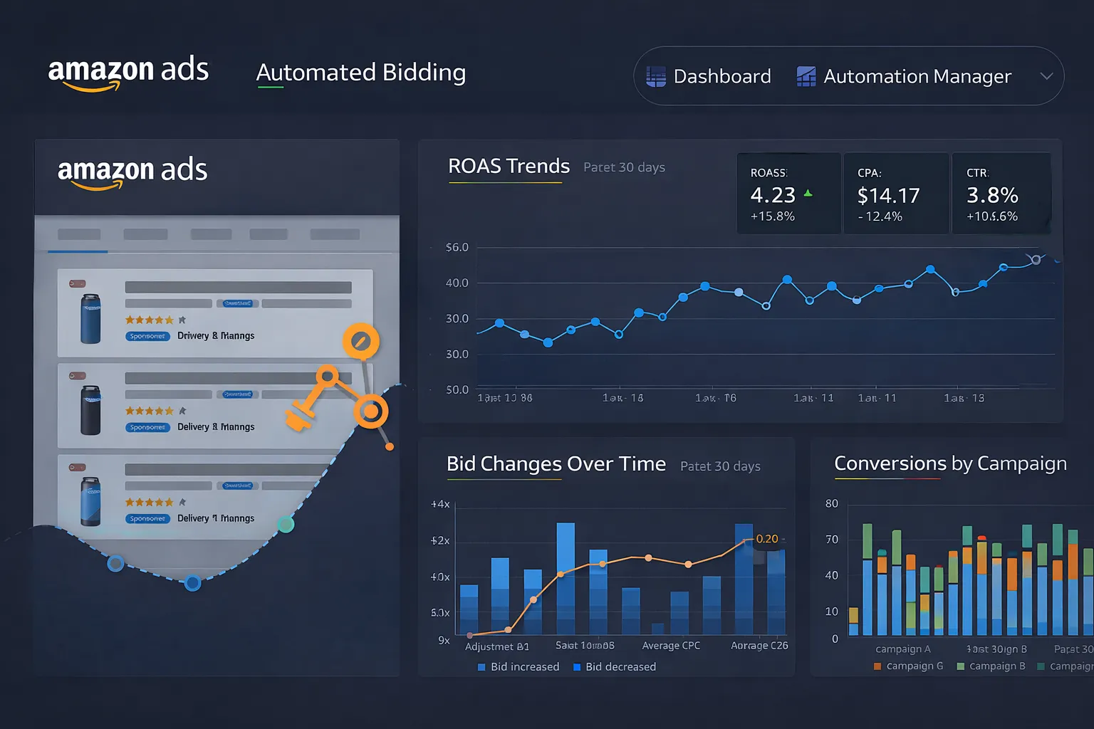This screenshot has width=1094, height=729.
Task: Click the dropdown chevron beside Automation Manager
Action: [1046, 76]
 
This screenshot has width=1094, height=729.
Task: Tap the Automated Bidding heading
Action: [360, 73]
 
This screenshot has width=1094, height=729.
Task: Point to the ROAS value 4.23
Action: [773, 195]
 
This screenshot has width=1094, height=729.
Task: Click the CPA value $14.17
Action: [888, 195]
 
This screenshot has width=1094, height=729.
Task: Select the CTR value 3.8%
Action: [991, 195]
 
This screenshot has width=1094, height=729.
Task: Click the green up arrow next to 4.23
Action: [808, 193]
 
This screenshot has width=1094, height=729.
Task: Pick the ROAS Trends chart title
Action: [509, 166]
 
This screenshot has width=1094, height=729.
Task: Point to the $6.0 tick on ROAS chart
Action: [457, 248]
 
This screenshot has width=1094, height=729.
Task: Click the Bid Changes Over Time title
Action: [556, 464]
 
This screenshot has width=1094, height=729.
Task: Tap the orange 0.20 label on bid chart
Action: [766, 539]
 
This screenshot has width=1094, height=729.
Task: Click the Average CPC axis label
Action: [671, 646]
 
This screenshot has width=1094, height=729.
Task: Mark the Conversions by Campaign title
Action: [950, 463]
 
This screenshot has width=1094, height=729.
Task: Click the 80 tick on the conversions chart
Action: [831, 504]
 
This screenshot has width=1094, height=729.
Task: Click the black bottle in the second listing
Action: [90, 410]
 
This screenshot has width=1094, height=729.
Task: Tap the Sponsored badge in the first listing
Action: [147, 336]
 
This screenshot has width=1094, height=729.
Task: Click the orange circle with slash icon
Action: [360, 342]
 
